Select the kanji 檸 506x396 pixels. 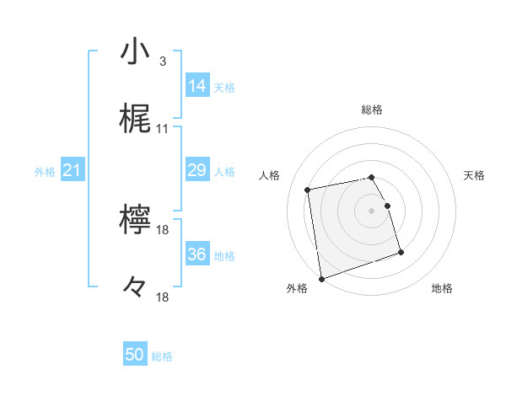coord(135,221)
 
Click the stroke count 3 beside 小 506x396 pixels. coord(162,62)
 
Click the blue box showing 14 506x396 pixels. coord(197,85)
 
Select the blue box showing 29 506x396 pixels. coord(197,170)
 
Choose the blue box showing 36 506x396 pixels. coord(197,254)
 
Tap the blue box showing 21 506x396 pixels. coord(73,170)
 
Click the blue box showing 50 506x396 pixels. coord(135,355)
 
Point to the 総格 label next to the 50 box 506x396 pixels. coord(162,356)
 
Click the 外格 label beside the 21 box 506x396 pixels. coord(45,172)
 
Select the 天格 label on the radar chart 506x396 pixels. coord(474,175)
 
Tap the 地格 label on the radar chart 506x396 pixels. coord(442,288)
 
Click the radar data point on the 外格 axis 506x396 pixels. coord(321,278)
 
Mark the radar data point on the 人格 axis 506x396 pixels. coord(308,190)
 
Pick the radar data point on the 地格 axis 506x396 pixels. coord(401,252)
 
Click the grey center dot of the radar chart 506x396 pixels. coord(372,211)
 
